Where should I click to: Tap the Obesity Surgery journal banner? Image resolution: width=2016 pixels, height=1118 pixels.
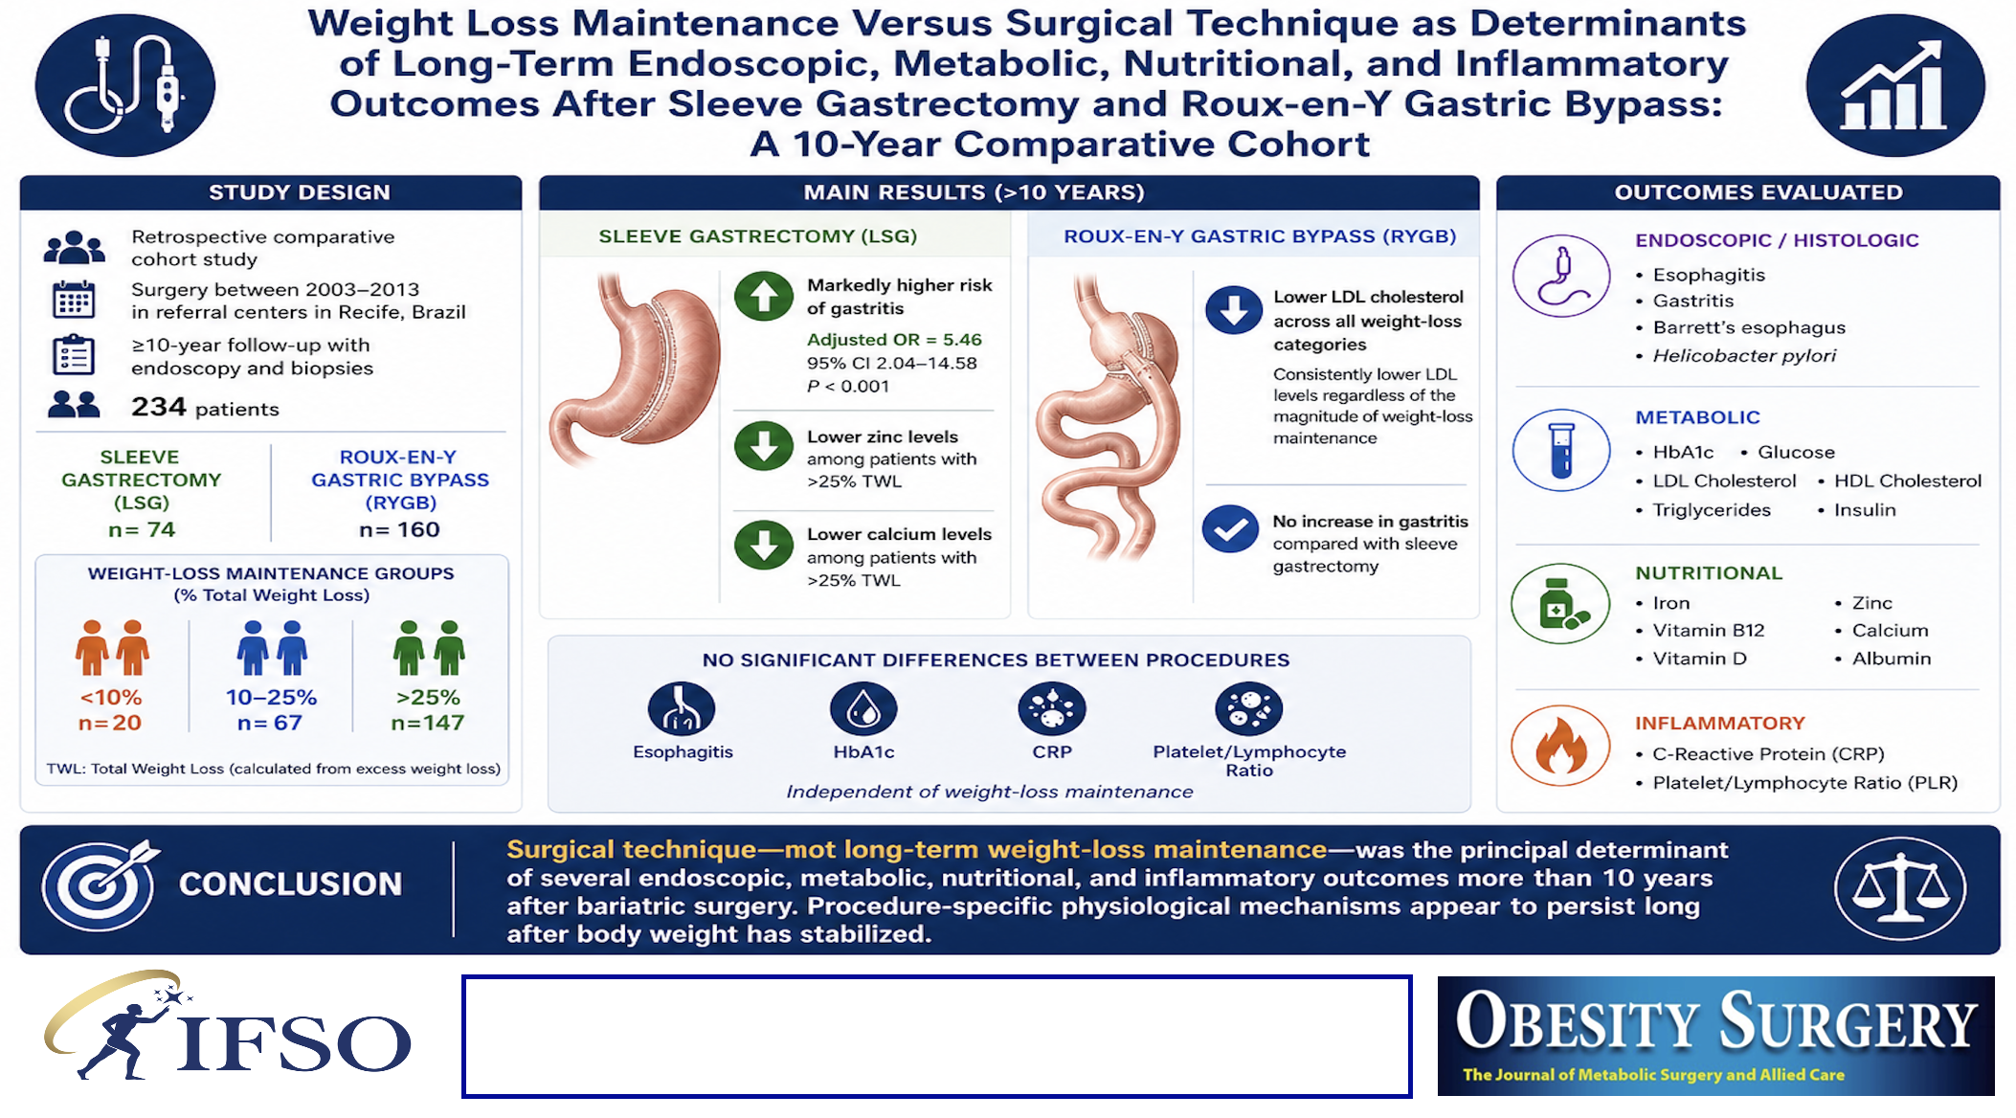(x=1715, y=1036)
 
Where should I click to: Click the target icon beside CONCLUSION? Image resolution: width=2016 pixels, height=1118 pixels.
(x=99, y=884)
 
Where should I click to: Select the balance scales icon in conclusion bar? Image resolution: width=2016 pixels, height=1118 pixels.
(x=1900, y=887)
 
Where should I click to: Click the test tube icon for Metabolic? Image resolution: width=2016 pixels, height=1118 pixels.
(x=1561, y=450)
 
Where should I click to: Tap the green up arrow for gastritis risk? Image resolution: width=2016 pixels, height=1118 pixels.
(x=764, y=297)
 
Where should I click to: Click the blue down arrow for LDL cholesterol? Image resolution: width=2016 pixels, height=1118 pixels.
(x=1234, y=309)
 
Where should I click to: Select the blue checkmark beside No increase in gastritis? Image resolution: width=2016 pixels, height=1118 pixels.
(x=1231, y=528)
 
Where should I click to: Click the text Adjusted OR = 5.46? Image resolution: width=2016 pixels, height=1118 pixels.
(x=894, y=340)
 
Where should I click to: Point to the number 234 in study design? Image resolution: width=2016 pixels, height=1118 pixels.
(x=159, y=407)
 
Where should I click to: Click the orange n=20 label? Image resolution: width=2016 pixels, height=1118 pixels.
(x=110, y=723)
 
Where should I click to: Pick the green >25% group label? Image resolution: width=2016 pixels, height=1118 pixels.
(x=428, y=697)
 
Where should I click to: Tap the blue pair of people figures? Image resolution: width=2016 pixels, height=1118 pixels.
(x=272, y=648)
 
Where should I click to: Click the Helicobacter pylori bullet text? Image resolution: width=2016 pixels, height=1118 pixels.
(x=1744, y=355)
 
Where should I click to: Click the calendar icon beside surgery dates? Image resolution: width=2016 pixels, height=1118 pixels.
(x=74, y=300)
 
